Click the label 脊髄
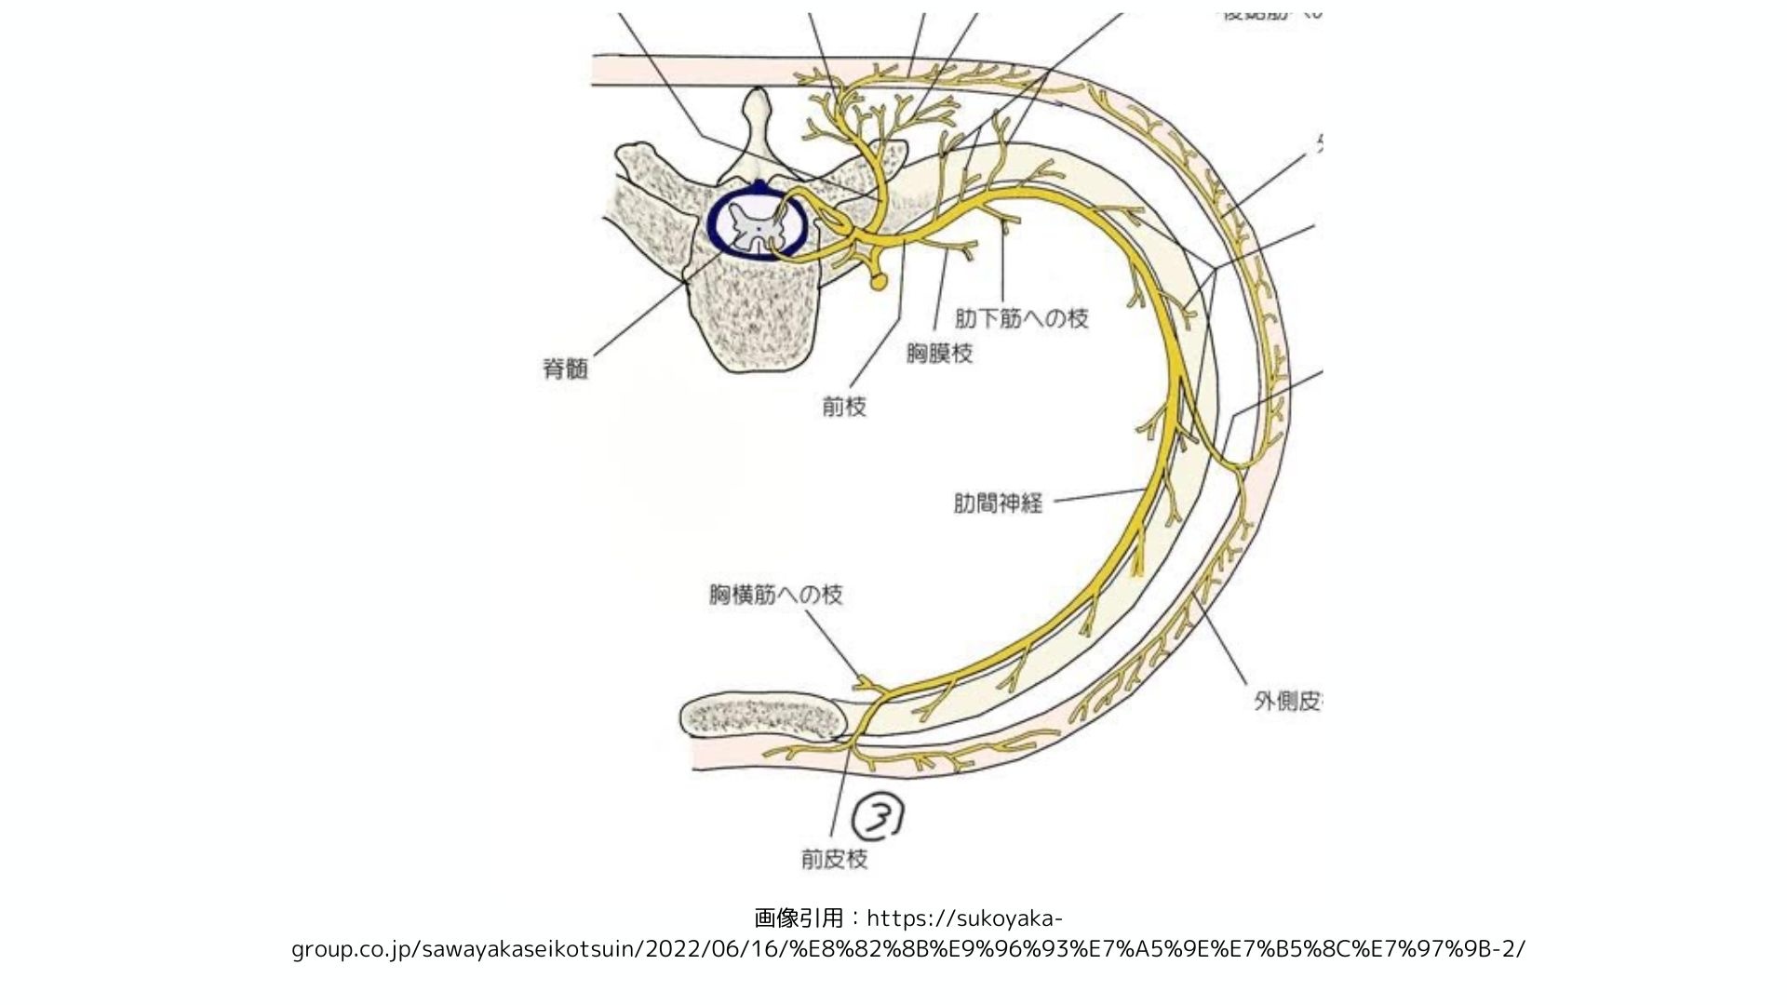pos(565,369)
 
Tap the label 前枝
pos(844,407)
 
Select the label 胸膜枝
pos(939,354)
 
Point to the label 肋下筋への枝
pos(1021,318)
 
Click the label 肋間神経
pos(998,503)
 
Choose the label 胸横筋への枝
pos(775,595)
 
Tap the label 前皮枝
pos(834,858)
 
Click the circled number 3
pos(880,818)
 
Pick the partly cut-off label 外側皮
pos(1287,701)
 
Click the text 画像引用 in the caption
pos(798,918)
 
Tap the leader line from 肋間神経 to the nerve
pos(1098,496)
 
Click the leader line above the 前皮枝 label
pos(840,791)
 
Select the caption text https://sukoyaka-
pos(964,918)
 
